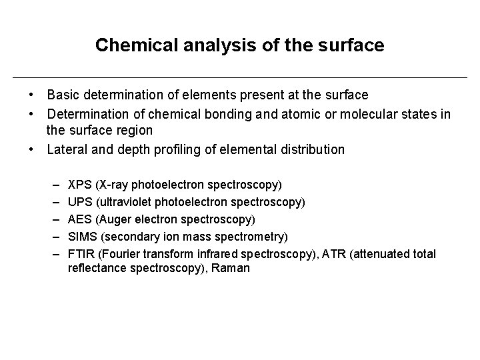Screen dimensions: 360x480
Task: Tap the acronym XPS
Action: (80, 184)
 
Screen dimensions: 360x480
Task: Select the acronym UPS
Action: (80, 201)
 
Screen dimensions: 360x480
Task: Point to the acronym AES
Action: (80, 219)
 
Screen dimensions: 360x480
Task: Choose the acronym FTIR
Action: (82, 253)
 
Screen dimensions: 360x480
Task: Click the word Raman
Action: (231, 268)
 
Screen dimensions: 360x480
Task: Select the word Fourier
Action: (131, 253)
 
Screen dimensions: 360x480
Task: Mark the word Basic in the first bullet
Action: (63, 96)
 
